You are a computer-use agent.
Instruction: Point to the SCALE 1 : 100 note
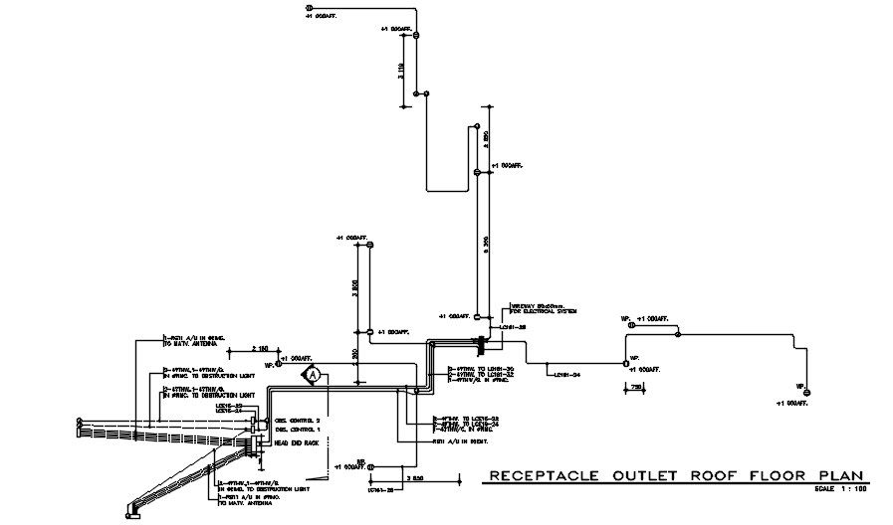841,490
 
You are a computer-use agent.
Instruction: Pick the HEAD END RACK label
296,442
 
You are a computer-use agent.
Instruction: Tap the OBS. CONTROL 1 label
295,430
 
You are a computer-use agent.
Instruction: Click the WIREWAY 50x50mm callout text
539,306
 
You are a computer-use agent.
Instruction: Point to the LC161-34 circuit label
565,375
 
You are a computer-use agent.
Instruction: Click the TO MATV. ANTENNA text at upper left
189,344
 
